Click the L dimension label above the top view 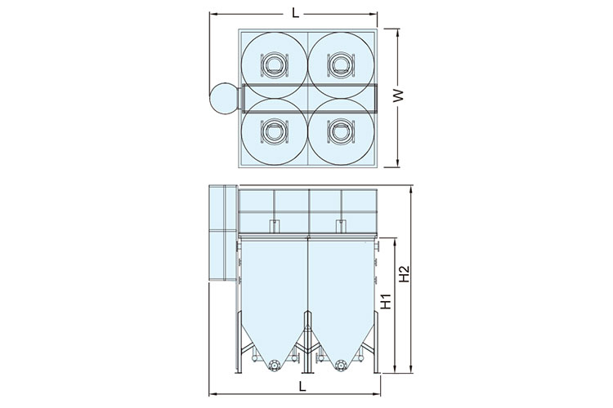pos(296,13)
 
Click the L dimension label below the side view pos(302,387)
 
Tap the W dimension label pos(398,95)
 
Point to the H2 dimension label pos(405,273)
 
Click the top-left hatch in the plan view pos(275,64)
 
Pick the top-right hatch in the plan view pos(341,64)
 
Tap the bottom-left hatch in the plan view pos(275,131)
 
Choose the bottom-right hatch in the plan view pos(341,131)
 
